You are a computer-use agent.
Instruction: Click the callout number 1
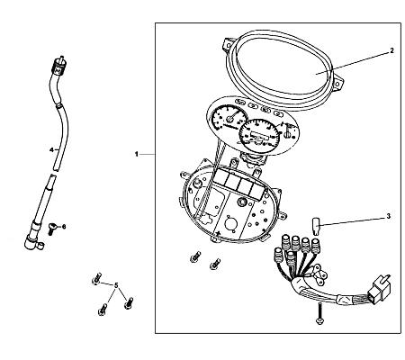(137, 154)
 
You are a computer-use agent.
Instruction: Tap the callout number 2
(391, 50)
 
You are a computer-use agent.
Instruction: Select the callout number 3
(389, 216)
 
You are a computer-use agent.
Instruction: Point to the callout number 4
(51, 149)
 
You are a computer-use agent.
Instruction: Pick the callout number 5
(116, 285)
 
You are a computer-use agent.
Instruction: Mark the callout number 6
(64, 227)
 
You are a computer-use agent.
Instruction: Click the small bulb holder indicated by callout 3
(316, 226)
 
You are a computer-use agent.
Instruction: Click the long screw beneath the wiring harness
(319, 313)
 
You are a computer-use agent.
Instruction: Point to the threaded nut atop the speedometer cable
(59, 67)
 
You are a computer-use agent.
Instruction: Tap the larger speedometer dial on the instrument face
(259, 136)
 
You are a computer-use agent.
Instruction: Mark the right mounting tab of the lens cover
(337, 83)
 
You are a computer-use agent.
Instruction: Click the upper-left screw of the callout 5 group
(96, 279)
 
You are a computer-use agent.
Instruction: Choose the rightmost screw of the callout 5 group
(129, 303)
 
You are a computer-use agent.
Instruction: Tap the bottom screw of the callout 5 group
(103, 310)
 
